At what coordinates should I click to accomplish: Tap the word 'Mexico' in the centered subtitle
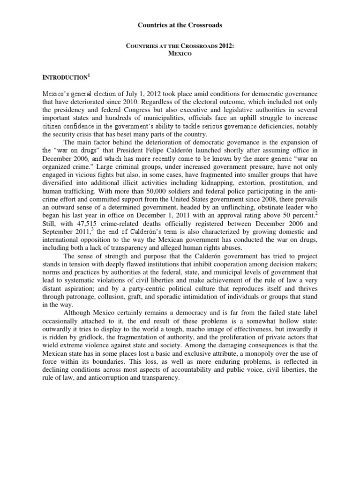(x=180, y=54)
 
